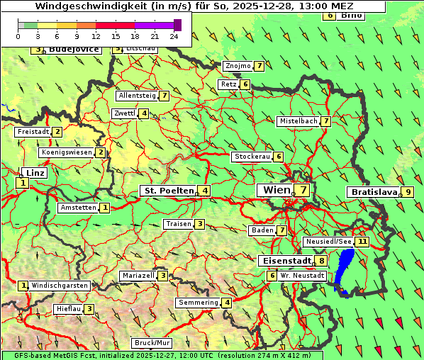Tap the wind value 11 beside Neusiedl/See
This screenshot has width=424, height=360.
(x=362, y=242)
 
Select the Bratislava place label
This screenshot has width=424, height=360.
(x=372, y=192)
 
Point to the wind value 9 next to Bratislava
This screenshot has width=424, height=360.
(x=408, y=192)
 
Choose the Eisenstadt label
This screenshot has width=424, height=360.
(x=284, y=261)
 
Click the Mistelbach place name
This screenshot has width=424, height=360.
(x=299, y=121)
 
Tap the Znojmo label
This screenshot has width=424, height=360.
(x=238, y=66)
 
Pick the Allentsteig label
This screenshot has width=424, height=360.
(x=137, y=96)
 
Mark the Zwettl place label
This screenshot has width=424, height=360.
(x=124, y=113)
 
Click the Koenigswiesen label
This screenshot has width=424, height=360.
(x=67, y=152)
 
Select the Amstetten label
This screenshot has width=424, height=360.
(x=78, y=208)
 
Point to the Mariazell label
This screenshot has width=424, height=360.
(x=138, y=276)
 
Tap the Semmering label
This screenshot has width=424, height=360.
(x=199, y=303)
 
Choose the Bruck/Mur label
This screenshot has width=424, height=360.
(x=152, y=343)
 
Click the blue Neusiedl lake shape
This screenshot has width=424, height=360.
(x=345, y=268)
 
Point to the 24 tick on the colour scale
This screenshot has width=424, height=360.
(x=174, y=35)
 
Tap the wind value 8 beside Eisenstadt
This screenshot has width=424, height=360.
(x=322, y=261)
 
